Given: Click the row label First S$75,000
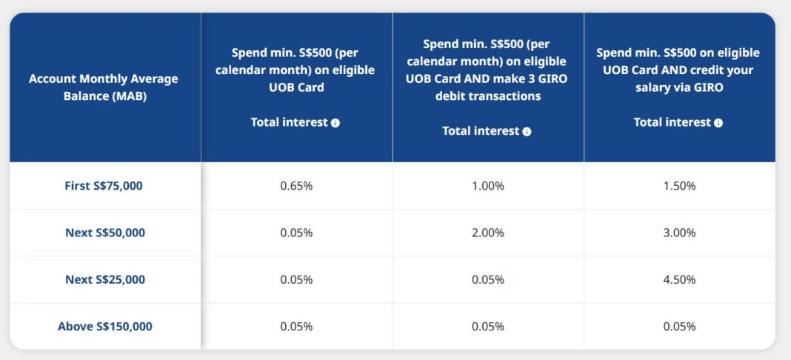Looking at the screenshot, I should [x=104, y=186].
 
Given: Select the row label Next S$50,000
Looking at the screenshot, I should [x=105, y=233].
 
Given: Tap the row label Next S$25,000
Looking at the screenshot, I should [x=105, y=279].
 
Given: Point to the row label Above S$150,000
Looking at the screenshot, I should [x=105, y=326].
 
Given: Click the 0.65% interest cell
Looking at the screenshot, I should [x=296, y=186].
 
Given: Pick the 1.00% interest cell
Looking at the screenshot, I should [x=488, y=186].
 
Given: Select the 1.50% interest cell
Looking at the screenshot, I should [x=679, y=186].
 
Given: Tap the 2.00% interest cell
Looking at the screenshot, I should [x=488, y=233].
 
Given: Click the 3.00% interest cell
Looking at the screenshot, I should [x=679, y=233].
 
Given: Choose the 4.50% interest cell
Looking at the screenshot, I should [x=679, y=279].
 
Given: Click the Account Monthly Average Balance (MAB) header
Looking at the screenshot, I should [x=104, y=87].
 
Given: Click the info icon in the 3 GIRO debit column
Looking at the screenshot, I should [x=527, y=132].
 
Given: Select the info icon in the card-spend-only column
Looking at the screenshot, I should [x=336, y=123].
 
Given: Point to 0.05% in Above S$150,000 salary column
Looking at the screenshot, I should [x=679, y=326].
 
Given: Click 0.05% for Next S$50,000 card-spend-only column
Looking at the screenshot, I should [x=296, y=233].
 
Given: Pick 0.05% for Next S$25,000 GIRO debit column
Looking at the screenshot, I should [x=488, y=279].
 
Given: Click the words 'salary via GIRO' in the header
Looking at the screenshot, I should [x=678, y=87].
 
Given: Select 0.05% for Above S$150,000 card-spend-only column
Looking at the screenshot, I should [x=296, y=326].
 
